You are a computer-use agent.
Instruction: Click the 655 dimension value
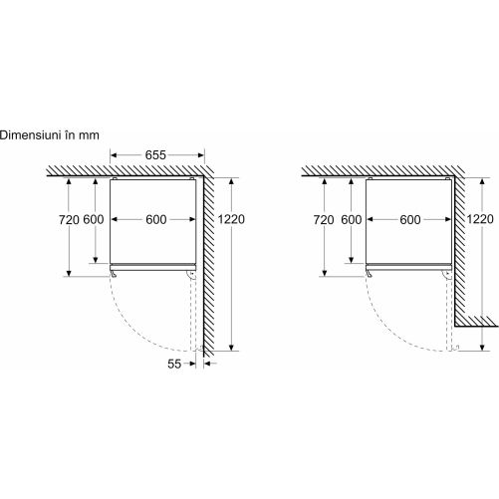point(155,155)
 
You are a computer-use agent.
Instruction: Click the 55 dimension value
point(174,364)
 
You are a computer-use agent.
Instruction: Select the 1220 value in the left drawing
point(231,219)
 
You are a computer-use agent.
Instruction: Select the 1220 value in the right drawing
point(480,219)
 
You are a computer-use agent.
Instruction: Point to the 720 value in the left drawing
point(69,220)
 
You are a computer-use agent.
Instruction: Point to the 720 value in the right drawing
point(324,220)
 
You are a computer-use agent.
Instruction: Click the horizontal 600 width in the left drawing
point(156,219)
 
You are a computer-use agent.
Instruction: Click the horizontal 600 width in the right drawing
point(410,219)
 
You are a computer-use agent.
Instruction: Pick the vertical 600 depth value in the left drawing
point(94,219)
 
